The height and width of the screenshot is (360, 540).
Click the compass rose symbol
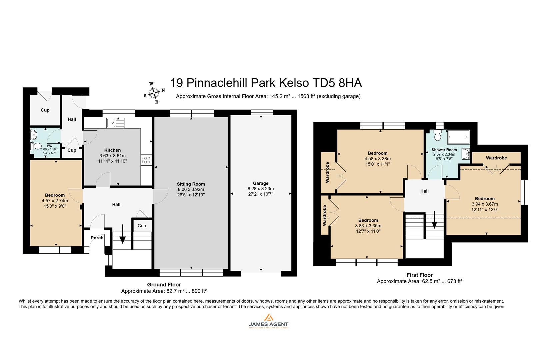click(x=154, y=92)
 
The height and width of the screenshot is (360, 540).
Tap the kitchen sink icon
click(x=115, y=123)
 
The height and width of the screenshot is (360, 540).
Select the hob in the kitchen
click(x=146, y=160)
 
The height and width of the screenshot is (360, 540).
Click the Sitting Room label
click(x=191, y=184)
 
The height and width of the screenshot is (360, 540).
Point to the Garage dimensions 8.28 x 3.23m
click(x=261, y=189)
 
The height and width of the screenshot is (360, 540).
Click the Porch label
click(x=97, y=238)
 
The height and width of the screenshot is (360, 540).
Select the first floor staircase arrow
click(x=434, y=221)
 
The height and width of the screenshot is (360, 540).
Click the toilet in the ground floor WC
click(x=36, y=146)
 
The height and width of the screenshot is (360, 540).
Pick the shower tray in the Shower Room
click(x=458, y=137)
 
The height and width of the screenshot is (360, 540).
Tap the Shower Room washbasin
click(x=466, y=154)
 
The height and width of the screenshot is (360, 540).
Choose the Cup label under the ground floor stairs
click(x=142, y=226)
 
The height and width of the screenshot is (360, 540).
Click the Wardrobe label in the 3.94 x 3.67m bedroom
click(x=496, y=158)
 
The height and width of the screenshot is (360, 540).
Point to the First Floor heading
click(x=419, y=275)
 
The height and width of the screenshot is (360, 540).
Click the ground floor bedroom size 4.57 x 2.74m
click(x=55, y=201)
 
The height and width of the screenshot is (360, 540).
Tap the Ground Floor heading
click(x=164, y=285)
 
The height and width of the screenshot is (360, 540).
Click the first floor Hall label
click(x=424, y=191)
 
